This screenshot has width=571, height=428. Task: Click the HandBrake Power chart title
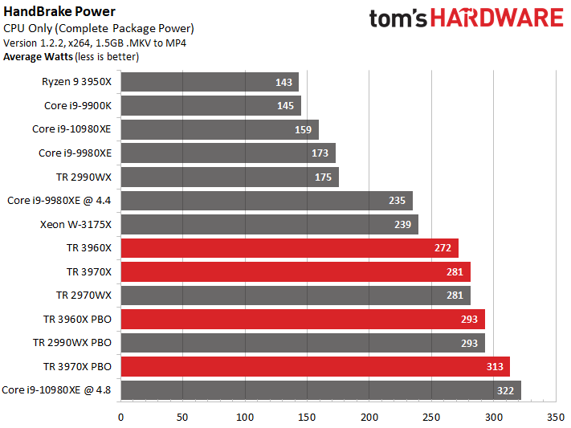pos(59,12)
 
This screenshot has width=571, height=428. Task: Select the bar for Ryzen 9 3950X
pos(209,82)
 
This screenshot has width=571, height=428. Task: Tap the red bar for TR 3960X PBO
pos(302,320)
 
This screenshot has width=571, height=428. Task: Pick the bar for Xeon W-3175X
pos(269,225)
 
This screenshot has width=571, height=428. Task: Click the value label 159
pos(305,129)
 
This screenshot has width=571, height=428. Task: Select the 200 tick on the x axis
pos(369,417)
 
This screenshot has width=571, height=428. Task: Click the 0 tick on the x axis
pos(120,417)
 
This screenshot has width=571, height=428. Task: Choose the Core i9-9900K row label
pos(78,106)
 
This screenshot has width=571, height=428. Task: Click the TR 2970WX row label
pos(84,296)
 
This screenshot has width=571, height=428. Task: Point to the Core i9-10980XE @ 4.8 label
pos(57,390)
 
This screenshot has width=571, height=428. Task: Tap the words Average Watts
pos(37,57)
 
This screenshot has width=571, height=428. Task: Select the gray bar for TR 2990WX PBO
pos(302,343)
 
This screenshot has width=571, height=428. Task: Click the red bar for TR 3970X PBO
pos(315,367)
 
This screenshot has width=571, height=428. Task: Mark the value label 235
pos(399,201)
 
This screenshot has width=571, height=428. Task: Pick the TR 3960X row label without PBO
pos(89,248)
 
